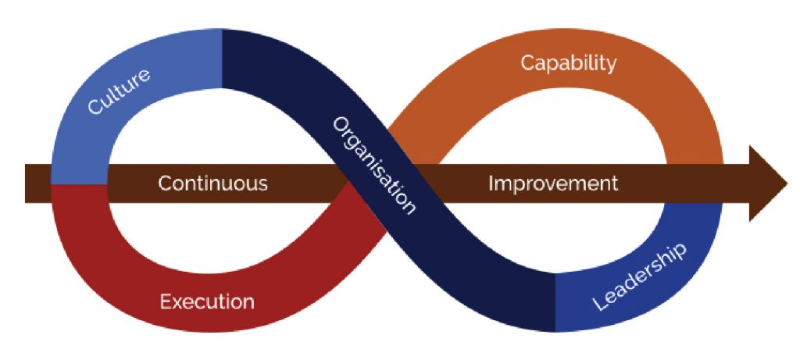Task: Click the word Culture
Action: (119, 91)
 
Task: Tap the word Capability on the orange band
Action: (568, 63)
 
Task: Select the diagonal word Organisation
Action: (373, 166)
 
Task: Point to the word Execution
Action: (207, 301)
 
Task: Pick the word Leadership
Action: (639, 276)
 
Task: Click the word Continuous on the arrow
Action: (212, 184)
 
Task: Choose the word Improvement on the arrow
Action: (553, 184)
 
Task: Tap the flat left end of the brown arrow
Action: (27, 184)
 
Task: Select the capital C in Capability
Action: (527, 63)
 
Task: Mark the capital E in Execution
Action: (165, 301)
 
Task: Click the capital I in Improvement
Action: (491, 184)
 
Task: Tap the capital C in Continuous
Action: (164, 184)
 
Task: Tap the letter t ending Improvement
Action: (614, 184)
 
